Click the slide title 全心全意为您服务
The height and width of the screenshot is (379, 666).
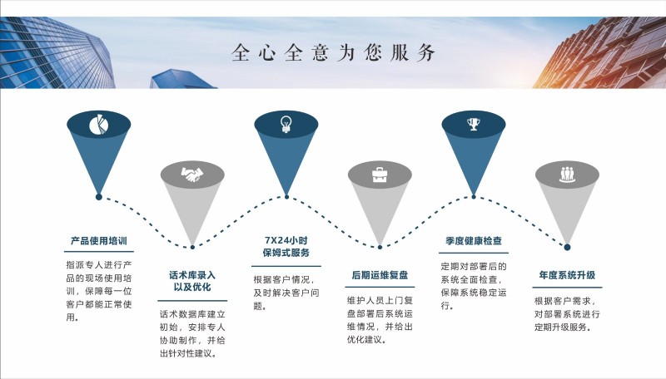point(334,52)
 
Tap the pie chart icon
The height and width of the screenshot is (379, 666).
point(99,125)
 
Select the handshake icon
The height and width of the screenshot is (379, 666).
point(192,175)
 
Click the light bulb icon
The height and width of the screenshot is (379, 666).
point(286,124)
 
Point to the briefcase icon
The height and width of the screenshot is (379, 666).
point(380,175)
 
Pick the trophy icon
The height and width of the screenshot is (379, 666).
point(474,124)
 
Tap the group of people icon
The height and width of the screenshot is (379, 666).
point(567,175)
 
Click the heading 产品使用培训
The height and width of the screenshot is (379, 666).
point(99,241)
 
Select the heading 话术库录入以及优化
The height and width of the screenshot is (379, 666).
point(192,281)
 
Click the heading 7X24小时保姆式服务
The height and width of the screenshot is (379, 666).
point(286,247)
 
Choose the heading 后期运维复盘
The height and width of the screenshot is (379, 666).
point(380,275)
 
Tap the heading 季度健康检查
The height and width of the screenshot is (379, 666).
point(474,241)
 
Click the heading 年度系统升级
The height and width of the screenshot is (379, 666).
point(567,275)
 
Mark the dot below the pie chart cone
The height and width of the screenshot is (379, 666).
point(99,197)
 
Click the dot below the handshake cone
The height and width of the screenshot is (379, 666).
point(192,247)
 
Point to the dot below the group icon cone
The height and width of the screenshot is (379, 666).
point(567,247)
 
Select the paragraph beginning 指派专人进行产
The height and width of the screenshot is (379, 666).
point(99,291)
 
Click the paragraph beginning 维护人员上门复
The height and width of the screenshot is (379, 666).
point(380,320)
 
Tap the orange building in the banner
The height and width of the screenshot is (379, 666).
point(599,52)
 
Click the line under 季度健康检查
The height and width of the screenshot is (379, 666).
point(474,253)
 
